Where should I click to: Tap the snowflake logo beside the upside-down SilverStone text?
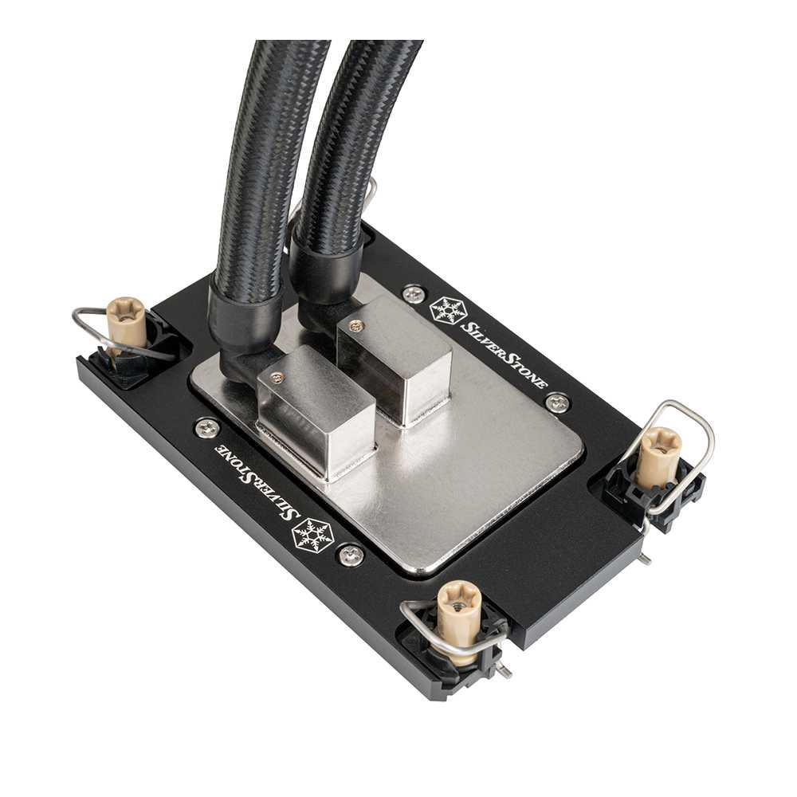click(x=313, y=534)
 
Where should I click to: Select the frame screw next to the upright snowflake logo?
click(x=413, y=293)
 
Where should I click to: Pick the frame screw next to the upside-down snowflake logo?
click(x=351, y=554)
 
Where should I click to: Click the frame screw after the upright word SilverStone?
click(x=558, y=402)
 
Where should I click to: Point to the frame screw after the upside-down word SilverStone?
click(x=208, y=428)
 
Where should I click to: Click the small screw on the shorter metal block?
click(x=277, y=376)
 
